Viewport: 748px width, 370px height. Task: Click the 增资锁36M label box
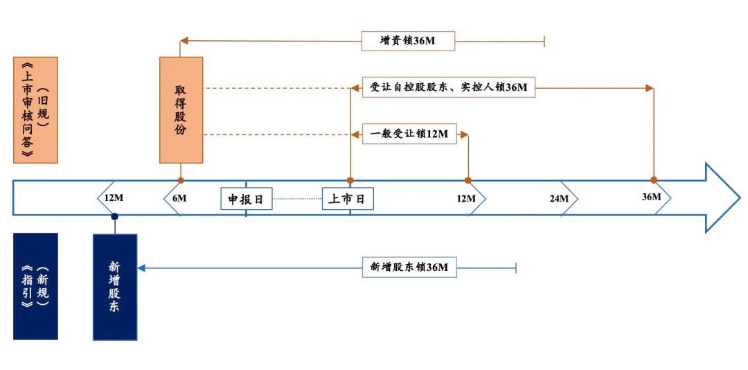pos(407,40)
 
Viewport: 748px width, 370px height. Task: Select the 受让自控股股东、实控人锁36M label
pos(448,87)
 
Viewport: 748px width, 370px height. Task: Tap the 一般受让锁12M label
pos(409,134)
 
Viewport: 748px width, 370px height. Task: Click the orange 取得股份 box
pos(181,109)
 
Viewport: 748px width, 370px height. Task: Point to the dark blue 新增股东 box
pos(114,286)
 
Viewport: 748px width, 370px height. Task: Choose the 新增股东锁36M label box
pos(409,267)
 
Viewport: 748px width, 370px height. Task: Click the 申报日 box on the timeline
pos(246,200)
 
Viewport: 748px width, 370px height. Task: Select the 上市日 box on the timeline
pos(348,200)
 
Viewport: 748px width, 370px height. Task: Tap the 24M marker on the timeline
pos(559,199)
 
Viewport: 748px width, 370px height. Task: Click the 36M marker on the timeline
pos(652,197)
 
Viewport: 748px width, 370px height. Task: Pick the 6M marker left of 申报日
pos(179,199)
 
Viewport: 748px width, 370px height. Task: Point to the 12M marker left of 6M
pos(114,198)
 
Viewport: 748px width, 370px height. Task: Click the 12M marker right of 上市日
pos(466,199)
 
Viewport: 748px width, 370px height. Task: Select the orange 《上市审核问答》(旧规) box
pos(35,109)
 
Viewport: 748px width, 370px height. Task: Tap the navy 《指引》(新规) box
pos(35,286)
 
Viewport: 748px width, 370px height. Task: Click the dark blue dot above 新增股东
pos(114,217)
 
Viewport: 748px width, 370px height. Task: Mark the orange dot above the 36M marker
pos(654,180)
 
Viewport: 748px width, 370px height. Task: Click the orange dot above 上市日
pos(350,180)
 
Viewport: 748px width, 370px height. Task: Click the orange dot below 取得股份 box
pos(181,180)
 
